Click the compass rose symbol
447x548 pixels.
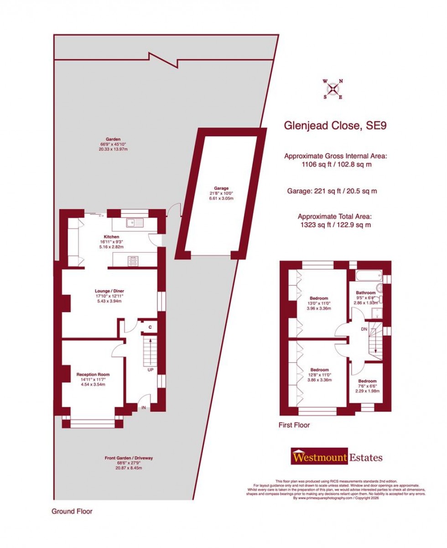click(x=333, y=88)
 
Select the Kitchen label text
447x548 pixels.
click(x=112, y=237)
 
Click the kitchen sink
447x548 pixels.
click(x=135, y=223)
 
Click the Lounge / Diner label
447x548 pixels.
click(x=109, y=291)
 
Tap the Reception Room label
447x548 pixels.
click(x=93, y=375)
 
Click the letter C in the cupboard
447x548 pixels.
click(x=150, y=327)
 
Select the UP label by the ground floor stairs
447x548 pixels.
click(x=150, y=370)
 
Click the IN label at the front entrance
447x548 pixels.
click(x=144, y=407)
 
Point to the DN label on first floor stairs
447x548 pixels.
click(x=364, y=329)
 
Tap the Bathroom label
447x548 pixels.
click(x=366, y=292)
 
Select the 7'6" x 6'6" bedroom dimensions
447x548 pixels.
click(x=367, y=386)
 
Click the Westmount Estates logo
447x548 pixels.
click(x=337, y=457)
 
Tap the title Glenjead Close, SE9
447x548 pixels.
click(x=335, y=125)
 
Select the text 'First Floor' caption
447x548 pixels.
click(x=294, y=425)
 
